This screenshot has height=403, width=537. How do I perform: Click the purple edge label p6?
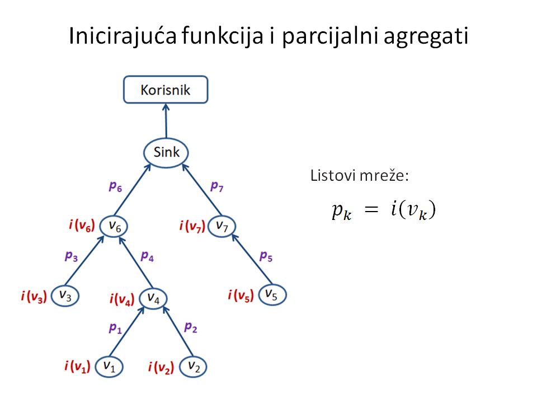pos(115,186)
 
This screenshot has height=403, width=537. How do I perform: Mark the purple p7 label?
pos(217,186)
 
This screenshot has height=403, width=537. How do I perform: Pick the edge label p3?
pos(71,256)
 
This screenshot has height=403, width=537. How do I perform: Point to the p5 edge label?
pos(266,256)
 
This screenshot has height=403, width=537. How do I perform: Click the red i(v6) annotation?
pos(82,225)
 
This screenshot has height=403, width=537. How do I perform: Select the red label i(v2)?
pos(161,367)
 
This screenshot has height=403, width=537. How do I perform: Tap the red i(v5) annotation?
pos(241,295)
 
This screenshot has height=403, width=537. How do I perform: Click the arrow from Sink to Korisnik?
pos(166,121)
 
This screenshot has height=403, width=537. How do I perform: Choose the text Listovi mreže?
pos(360,175)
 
